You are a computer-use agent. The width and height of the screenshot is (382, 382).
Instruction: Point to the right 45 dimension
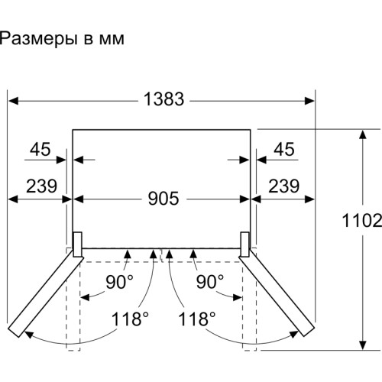284,151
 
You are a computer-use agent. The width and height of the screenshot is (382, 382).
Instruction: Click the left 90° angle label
119,281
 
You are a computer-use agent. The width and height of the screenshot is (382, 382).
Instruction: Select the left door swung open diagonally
46,293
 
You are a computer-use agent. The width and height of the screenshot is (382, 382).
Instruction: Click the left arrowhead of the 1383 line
11,99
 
